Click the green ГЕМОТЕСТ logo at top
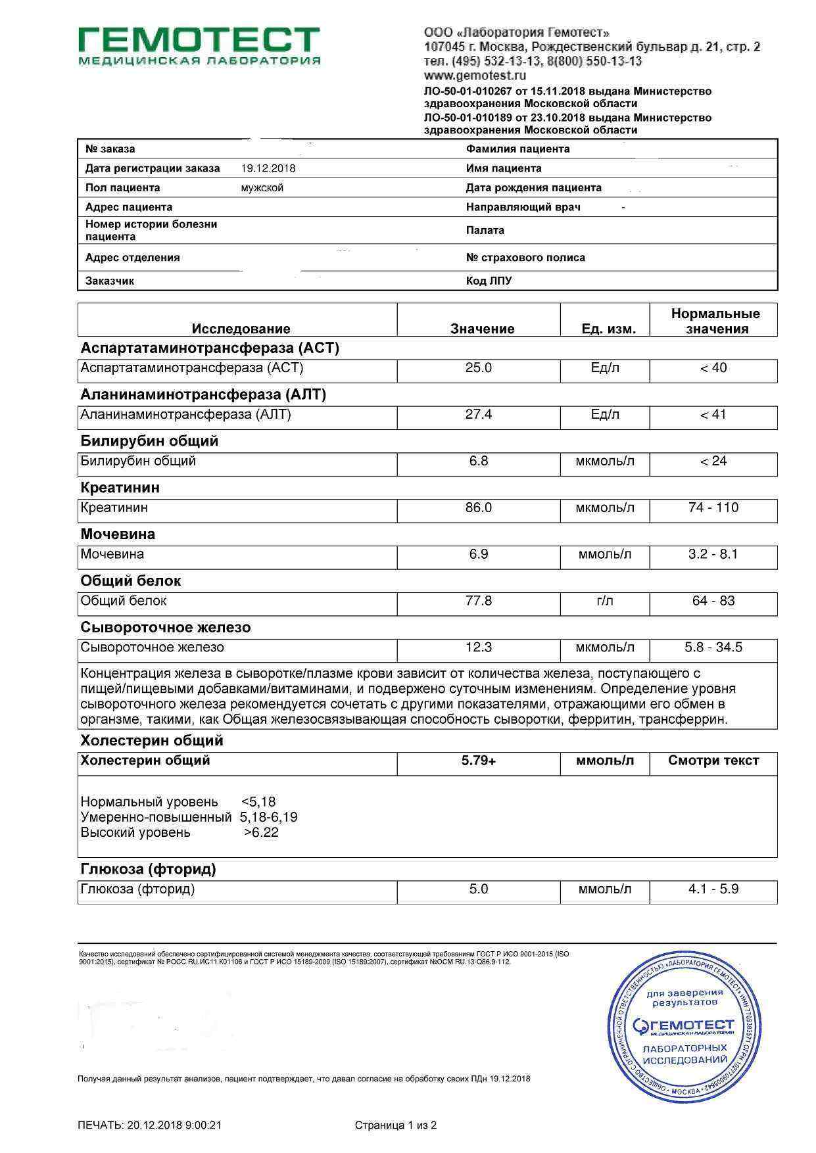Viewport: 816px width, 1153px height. pyautogui.click(x=199, y=46)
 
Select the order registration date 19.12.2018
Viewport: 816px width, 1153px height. pyautogui.click(x=268, y=168)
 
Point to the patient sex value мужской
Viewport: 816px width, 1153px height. pyautogui.click(x=262, y=188)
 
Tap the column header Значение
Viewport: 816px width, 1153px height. pyautogui.click(x=482, y=329)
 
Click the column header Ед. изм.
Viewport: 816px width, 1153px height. pyautogui.click(x=608, y=329)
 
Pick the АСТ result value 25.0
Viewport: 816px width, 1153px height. pyautogui.click(x=479, y=368)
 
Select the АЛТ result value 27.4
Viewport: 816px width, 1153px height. pyautogui.click(x=479, y=415)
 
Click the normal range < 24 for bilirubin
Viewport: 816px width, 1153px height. pyautogui.click(x=713, y=461)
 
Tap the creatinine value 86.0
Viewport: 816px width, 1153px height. pyautogui.click(x=479, y=508)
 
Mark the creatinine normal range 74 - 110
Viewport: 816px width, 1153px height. pyautogui.click(x=713, y=508)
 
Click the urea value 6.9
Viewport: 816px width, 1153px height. pyautogui.click(x=479, y=554)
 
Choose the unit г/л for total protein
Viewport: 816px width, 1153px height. pyautogui.click(x=605, y=601)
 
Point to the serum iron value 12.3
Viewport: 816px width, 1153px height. pyautogui.click(x=479, y=647)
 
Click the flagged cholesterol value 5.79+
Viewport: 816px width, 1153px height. pyautogui.click(x=479, y=761)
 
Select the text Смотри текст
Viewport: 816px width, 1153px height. pyautogui.click(x=713, y=761)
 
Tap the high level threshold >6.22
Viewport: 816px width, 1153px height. pyautogui.click(x=261, y=833)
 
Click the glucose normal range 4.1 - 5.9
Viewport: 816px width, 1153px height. pyautogui.click(x=713, y=889)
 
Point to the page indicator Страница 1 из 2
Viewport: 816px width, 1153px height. pyautogui.click(x=396, y=1125)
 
